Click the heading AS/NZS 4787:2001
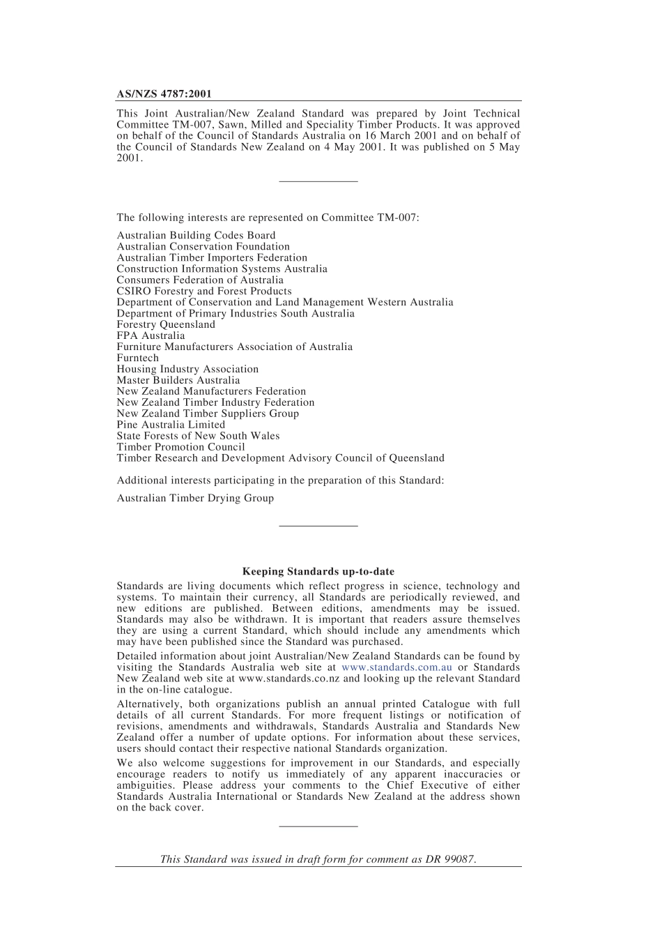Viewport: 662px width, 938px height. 164,93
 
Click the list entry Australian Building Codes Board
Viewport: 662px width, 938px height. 196,236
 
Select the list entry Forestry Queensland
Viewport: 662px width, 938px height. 166,325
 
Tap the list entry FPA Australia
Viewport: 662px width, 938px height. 151,336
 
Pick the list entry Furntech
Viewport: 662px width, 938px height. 137,358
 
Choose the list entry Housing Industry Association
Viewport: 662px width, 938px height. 187,370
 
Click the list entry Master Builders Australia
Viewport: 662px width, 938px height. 178,381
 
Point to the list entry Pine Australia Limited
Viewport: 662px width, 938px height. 171,425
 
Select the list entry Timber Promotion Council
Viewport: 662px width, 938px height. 180,448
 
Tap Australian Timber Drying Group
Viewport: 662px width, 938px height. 195,499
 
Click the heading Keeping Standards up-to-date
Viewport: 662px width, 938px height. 318,572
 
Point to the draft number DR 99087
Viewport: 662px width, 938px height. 450,859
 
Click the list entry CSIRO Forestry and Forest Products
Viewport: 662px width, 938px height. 204,292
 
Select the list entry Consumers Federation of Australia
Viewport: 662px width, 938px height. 200,280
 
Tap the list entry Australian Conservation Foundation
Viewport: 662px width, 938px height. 203,247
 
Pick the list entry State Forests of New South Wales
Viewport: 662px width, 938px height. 198,437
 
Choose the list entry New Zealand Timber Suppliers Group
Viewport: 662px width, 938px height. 208,414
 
